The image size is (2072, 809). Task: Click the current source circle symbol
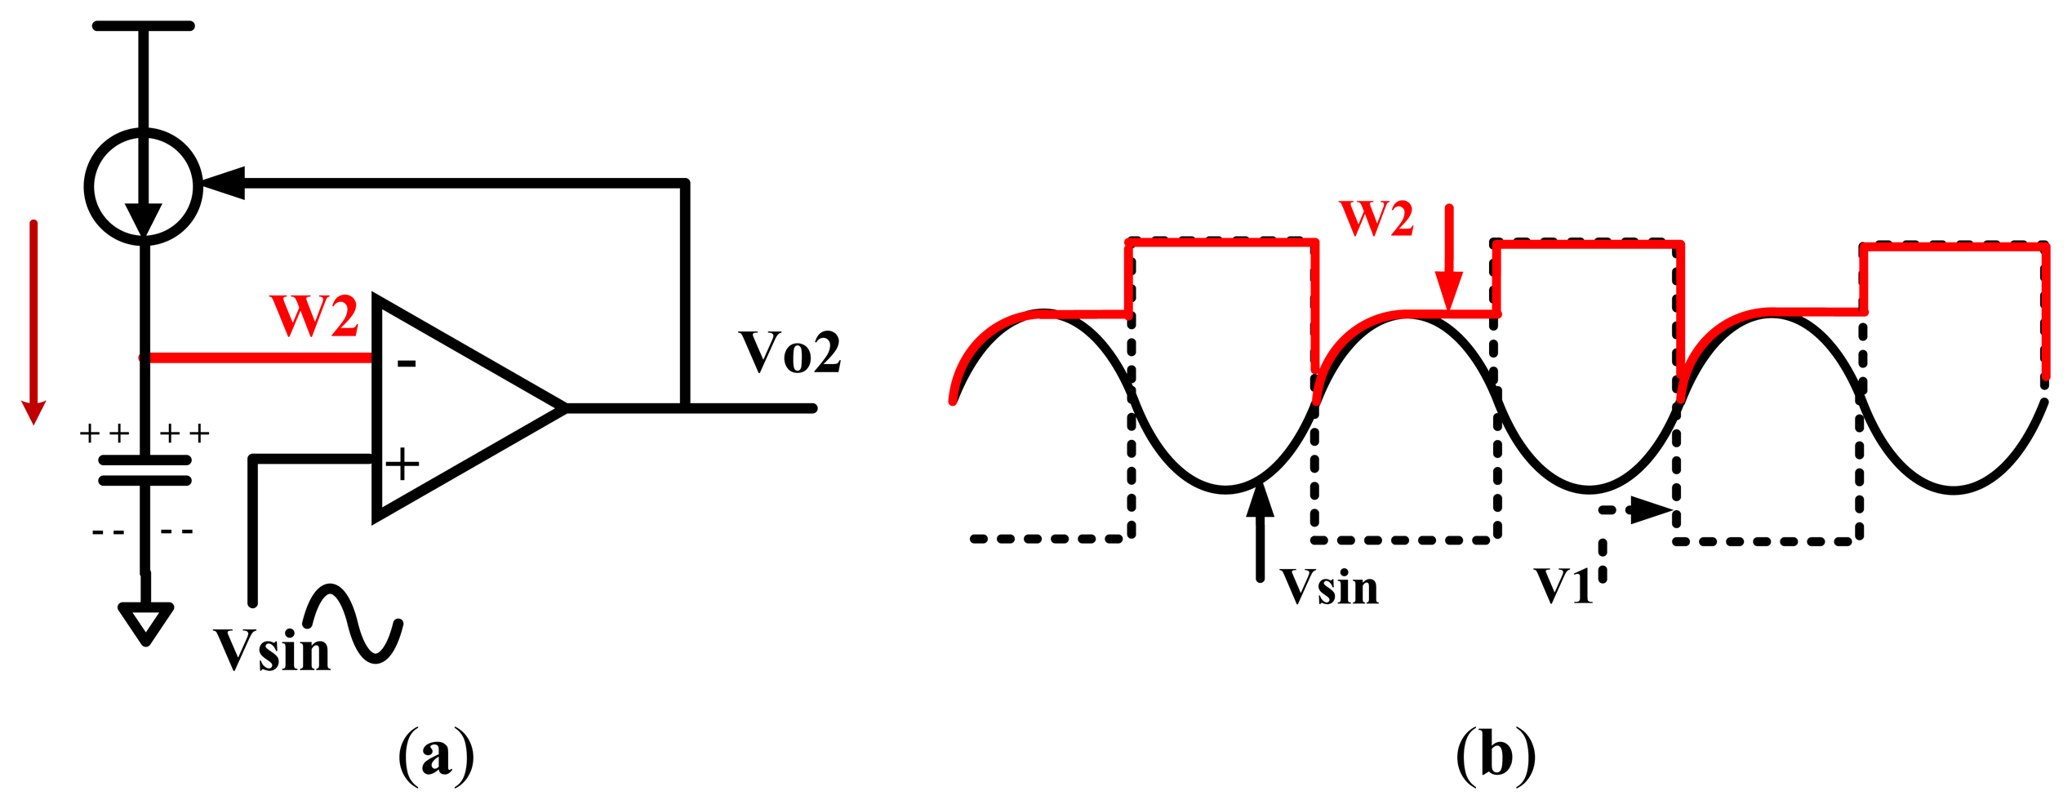pyautogui.click(x=144, y=186)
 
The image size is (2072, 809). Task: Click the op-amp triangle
pyautogui.click(x=457, y=407)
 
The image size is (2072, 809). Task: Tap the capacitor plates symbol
pyautogui.click(x=145, y=471)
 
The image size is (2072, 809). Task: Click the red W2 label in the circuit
pyautogui.click(x=314, y=317)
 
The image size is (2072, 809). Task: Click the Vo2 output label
pyautogui.click(x=789, y=353)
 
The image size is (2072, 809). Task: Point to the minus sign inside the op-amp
pyautogui.click(x=407, y=364)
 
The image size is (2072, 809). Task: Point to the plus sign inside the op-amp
pyautogui.click(x=402, y=464)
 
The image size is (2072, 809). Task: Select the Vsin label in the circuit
pyautogui.click(x=272, y=651)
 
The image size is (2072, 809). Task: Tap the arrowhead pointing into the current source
pyautogui.click(x=224, y=183)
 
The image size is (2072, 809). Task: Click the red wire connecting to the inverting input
pyautogui.click(x=257, y=358)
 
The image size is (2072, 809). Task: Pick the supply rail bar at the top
pyautogui.click(x=144, y=26)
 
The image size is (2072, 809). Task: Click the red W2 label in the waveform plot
pyautogui.click(x=1376, y=219)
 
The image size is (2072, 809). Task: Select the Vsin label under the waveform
pyautogui.click(x=1329, y=587)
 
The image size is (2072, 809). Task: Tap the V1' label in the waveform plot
pyautogui.click(x=1565, y=585)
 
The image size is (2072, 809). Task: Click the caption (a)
pyautogui.click(x=436, y=755)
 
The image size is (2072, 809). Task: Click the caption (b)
pyautogui.click(x=1496, y=755)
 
